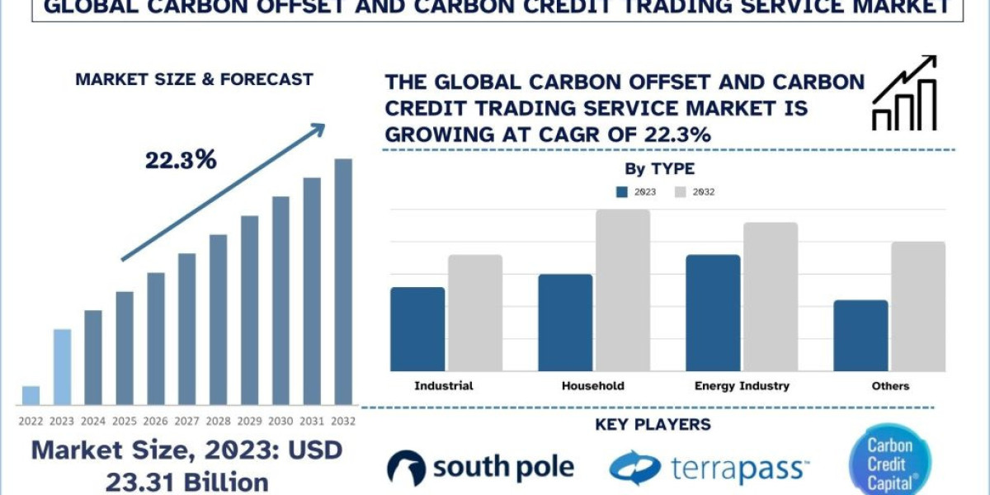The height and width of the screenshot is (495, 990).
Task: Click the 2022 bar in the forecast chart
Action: coord(31,395)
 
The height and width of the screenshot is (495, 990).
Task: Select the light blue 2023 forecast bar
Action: coord(62,367)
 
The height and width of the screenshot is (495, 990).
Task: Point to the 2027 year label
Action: coord(186,421)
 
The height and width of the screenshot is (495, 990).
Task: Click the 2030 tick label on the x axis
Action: coord(280,421)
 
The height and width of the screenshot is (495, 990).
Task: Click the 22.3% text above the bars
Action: coord(181,160)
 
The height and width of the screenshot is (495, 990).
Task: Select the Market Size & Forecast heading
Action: coord(194,80)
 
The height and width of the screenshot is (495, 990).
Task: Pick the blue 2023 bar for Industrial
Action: coord(417,328)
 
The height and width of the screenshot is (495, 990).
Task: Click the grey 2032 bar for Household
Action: coord(623,290)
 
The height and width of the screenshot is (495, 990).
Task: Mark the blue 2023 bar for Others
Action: coord(860,335)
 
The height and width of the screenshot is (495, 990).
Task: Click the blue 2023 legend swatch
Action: coord(622,192)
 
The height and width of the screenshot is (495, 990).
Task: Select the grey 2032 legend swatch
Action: coord(681,192)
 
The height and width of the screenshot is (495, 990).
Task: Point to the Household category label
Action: coord(592,385)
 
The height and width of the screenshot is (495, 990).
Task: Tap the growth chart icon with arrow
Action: coord(904,93)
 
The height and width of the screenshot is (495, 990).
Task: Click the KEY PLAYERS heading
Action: coord(653,425)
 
